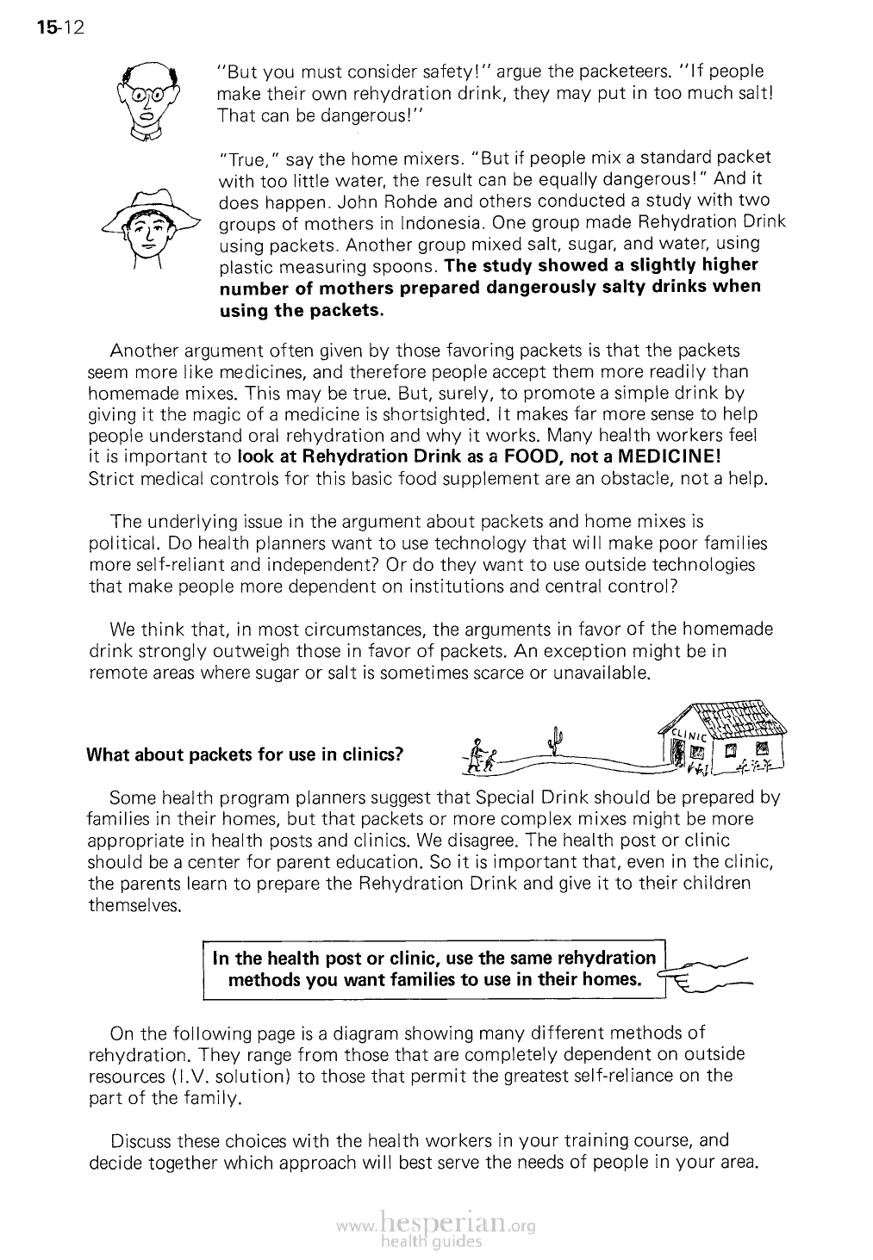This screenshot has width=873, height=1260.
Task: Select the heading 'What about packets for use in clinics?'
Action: [245, 755]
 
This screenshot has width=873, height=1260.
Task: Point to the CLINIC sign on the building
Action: [689, 736]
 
